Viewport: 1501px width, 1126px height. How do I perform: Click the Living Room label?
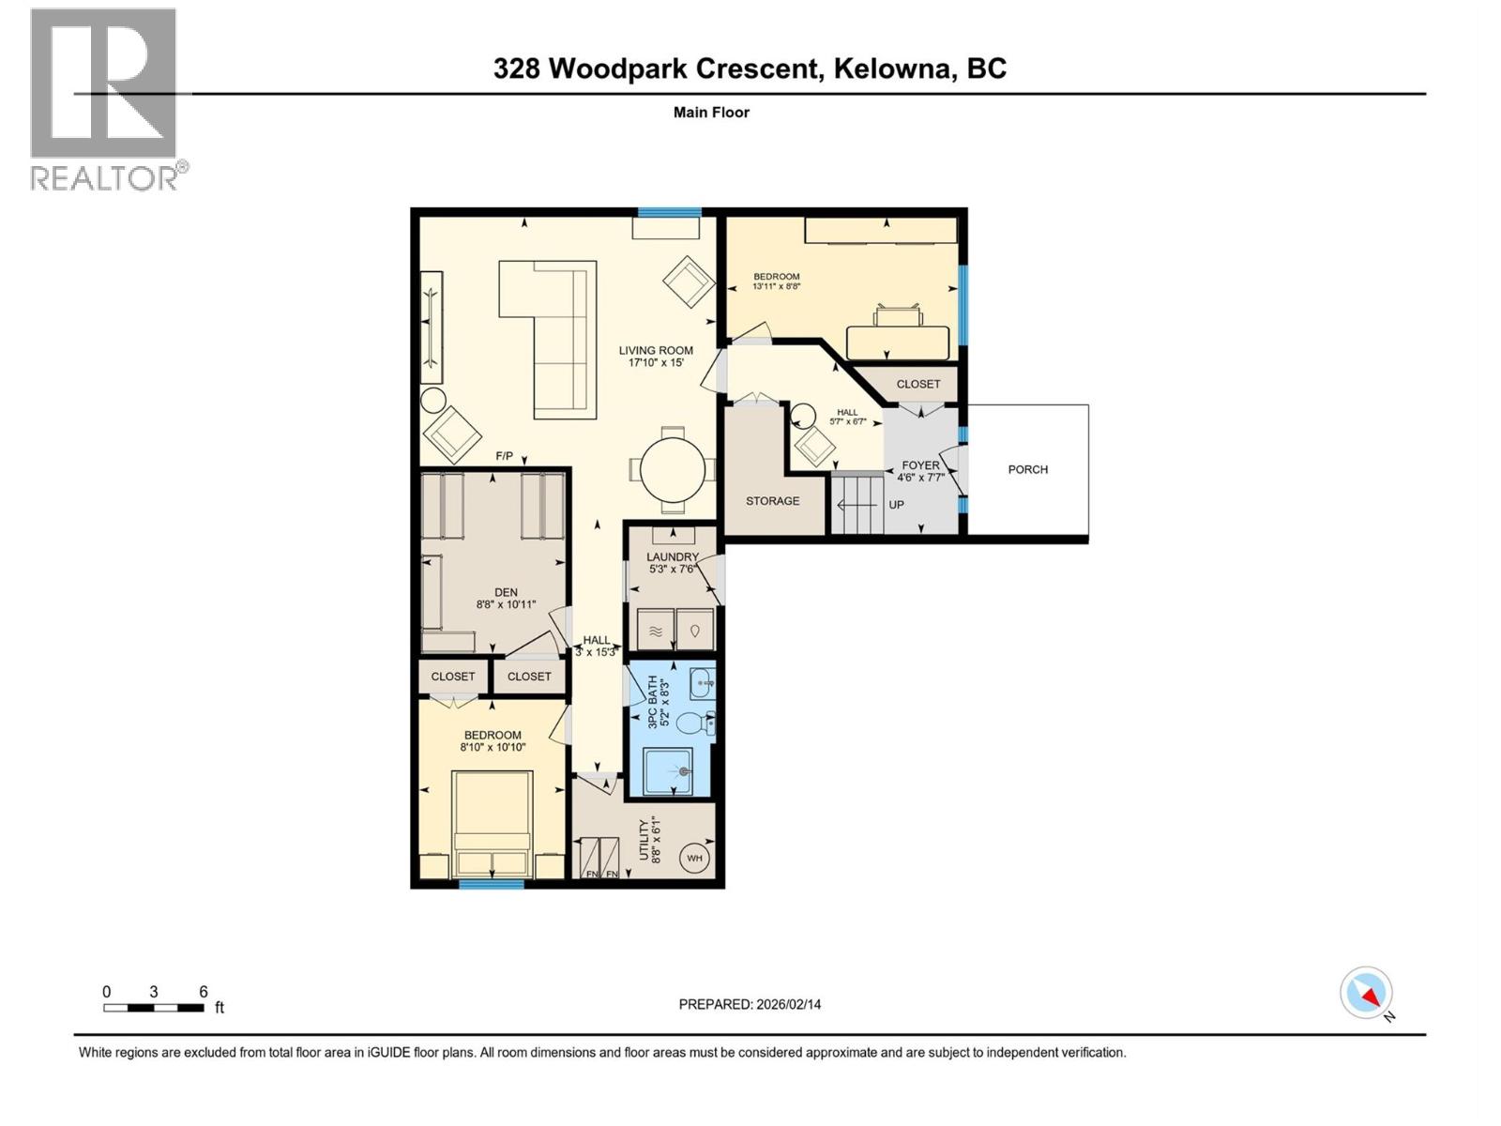(656, 351)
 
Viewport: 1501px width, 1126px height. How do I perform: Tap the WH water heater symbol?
(694, 858)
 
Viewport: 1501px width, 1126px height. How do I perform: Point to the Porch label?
(1027, 469)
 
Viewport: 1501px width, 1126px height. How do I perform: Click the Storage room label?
(772, 501)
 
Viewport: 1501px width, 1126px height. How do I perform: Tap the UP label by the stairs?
(896, 505)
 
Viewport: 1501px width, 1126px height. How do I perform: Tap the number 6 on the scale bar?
(203, 992)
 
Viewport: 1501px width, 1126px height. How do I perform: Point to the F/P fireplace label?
(505, 456)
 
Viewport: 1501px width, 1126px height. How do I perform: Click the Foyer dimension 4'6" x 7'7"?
(920, 478)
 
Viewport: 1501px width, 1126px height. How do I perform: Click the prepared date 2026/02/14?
(787, 1004)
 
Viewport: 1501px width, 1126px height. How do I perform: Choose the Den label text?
(506, 592)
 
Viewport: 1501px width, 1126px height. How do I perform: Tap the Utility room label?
(644, 840)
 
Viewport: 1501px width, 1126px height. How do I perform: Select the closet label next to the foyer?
(917, 384)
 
